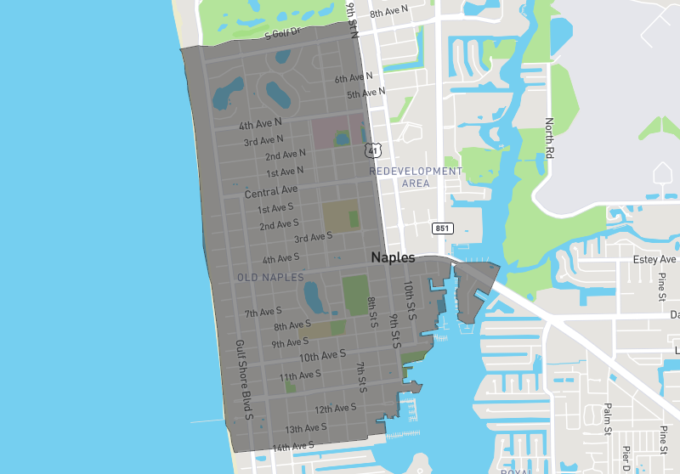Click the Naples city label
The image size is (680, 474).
coord(393,257)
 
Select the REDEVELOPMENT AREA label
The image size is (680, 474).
coord(416,177)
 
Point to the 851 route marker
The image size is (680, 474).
coord(443,229)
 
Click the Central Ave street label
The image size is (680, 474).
coord(271,191)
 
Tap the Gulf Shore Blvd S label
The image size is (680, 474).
coord(245,380)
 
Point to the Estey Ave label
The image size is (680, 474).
coord(655,259)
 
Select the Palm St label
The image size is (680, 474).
coord(608,419)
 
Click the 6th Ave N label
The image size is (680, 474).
coord(354,78)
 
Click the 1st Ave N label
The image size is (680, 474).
coord(285,172)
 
